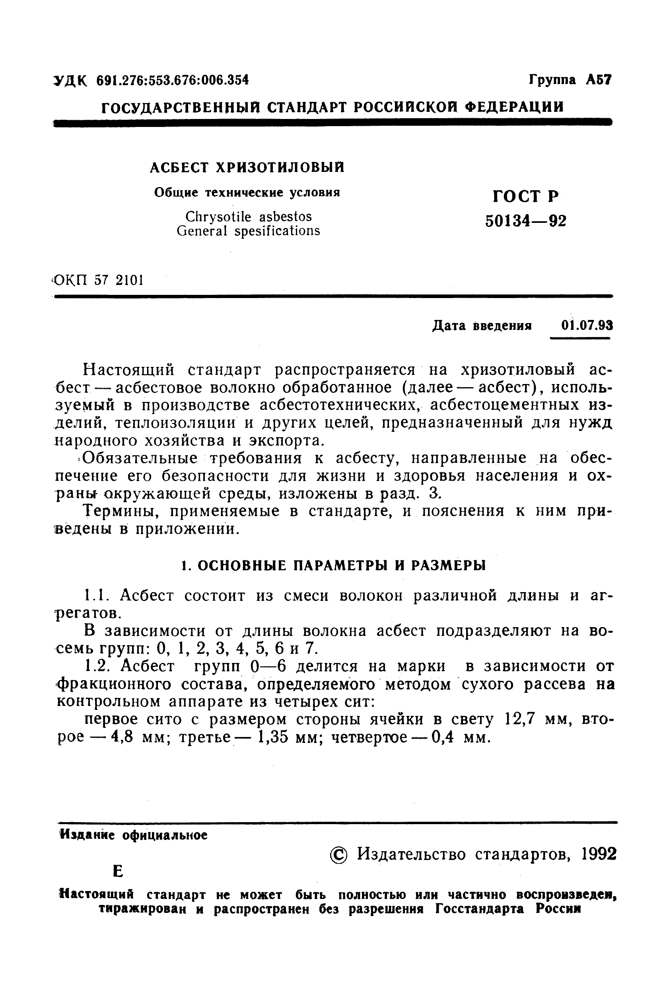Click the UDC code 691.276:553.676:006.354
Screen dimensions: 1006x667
coord(172,80)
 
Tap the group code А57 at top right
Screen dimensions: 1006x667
coord(598,80)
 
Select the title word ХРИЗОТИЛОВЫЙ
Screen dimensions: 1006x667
coord(280,168)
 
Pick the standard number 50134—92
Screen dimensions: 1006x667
coord(525,221)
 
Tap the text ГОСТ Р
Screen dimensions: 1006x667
coord(525,196)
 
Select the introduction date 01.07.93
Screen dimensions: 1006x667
coord(587,326)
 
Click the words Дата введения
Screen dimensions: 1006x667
coord(482,326)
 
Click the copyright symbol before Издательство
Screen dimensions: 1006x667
coord(338,854)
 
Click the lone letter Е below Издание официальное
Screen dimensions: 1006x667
coord(118,871)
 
